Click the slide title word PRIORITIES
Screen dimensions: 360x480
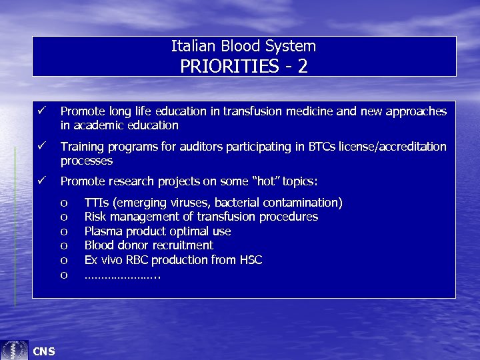[220, 66]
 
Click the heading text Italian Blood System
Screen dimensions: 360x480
[243, 46]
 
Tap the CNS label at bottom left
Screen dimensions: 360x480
[44, 351]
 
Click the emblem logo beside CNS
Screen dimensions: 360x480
[15, 350]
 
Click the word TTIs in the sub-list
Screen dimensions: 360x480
[97, 202]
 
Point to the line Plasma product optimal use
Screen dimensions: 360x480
[157, 231]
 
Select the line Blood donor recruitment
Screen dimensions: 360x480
[149, 245]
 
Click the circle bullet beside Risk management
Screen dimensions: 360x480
[64, 217]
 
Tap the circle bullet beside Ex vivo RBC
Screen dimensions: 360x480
[64, 261]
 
